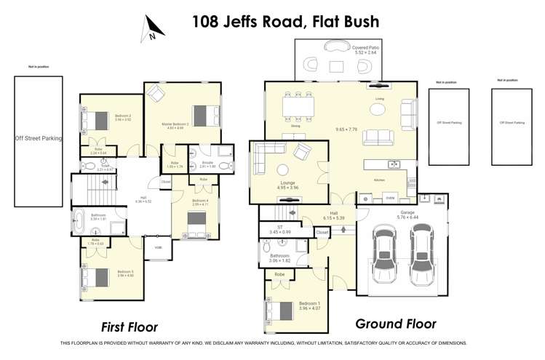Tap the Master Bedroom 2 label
[175, 126]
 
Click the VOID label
[158, 247]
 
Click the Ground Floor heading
[395, 324]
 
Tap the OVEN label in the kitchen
[390, 197]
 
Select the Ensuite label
[207, 164]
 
